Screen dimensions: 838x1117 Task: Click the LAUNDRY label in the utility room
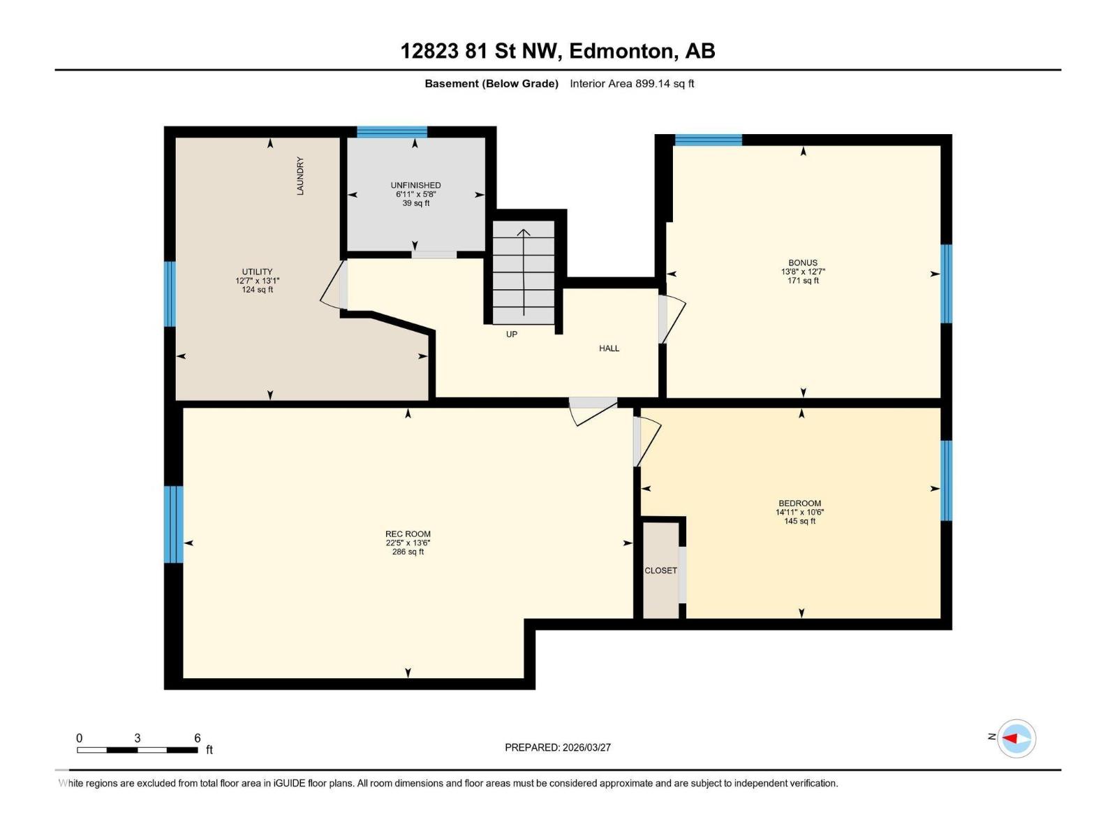(300, 176)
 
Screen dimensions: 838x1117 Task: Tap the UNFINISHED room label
(415, 185)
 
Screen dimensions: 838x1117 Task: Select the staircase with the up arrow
(524, 272)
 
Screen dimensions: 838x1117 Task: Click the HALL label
(609, 348)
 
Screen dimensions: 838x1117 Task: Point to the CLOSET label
(660, 571)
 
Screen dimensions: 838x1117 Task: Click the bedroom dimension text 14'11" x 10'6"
(799, 512)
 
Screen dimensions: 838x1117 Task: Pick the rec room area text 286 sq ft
(408, 552)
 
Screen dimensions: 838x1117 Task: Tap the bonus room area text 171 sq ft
(803, 281)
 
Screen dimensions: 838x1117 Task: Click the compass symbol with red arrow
(1016, 738)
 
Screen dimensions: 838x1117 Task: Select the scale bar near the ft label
(138, 750)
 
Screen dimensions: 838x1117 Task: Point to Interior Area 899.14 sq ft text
(631, 84)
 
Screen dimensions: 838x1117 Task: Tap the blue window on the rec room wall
(174, 524)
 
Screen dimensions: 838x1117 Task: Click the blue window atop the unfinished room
(392, 132)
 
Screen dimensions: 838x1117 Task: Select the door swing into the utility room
(334, 286)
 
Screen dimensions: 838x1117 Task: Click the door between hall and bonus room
(671, 318)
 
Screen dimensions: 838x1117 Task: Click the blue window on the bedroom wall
(946, 480)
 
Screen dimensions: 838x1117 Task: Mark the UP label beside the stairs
(512, 335)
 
